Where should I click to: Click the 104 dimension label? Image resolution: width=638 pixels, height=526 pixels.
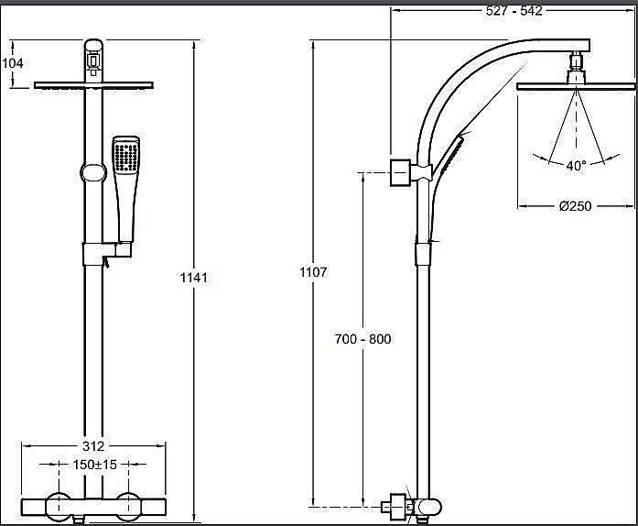coord(13,63)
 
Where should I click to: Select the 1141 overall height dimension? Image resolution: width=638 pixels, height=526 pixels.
coord(194,278)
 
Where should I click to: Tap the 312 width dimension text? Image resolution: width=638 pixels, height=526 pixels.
coord(93,446)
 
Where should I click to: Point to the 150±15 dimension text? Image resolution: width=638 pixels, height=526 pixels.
coord(95,464)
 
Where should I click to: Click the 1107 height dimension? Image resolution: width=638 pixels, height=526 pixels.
coord(313,272)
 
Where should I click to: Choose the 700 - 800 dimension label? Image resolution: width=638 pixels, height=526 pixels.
coord(363,339)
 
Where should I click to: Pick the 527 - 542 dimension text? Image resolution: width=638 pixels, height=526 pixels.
coord(514,11)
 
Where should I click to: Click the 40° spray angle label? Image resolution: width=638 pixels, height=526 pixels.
coord(577,166)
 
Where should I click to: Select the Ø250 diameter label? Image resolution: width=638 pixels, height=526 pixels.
coord(576,206)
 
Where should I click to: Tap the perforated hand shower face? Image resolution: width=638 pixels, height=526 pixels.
coord(126,155)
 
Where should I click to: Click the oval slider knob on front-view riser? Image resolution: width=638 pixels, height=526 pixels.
coord(93,173)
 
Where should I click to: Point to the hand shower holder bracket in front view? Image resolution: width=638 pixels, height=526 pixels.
coord(107,254)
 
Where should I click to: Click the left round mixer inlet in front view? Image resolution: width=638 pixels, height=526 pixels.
coord(59,507)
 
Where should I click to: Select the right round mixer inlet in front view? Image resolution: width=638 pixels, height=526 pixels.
coord(128,507)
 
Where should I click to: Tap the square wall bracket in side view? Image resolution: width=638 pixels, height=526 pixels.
coord(400,173)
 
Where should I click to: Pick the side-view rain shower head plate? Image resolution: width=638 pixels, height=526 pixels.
coord(576,86)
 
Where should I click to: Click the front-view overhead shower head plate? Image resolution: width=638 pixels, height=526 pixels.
coord(93,85)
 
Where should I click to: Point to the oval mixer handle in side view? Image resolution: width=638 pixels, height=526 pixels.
coord(429,508)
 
